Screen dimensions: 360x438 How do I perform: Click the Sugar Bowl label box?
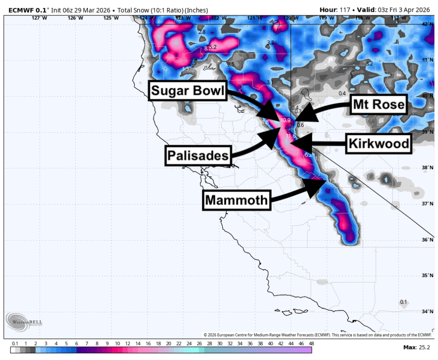pyautogui.click(x=187, y=91)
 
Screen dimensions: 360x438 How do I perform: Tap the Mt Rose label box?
pyautogui.click(x=379, y=105)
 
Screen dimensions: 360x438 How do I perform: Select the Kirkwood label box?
pyautogui.click(x=379, y=144)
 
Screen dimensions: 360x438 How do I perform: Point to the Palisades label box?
pyautogui.click(x=198, y=156)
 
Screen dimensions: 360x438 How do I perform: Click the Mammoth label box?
pyautogui.click(x=237, y=199)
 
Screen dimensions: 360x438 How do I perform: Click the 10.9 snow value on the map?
pyautogui.click(x=285, y=120)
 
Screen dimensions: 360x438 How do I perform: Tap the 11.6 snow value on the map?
pyautogui.click(x=291, y=136)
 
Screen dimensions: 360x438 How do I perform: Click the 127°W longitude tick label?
pyautogui.click(x=40, y=18)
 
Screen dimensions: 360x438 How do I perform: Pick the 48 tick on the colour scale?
pyautogui.click(x=311, y=343)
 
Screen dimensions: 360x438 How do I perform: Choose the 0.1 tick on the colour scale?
pyautogui.click(x=15, y=343)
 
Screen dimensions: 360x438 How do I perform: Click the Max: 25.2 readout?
pyautogui.click(x=416, y=347)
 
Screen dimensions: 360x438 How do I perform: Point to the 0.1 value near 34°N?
pyautogui.click(x=403, y=302)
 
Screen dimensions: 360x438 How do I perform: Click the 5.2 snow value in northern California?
pyautogui.click(x=213, y=47)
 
